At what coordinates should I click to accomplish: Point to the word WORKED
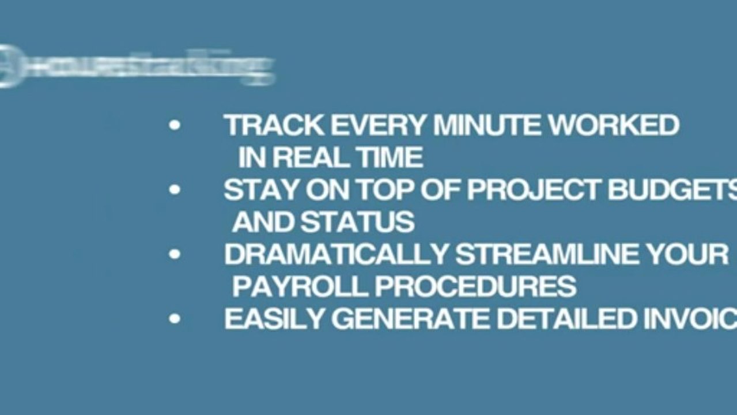(614, 126)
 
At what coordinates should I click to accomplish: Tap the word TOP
(384, 190)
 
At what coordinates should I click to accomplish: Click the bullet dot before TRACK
(175, 126)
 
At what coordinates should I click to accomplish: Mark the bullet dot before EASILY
(175, 319)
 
